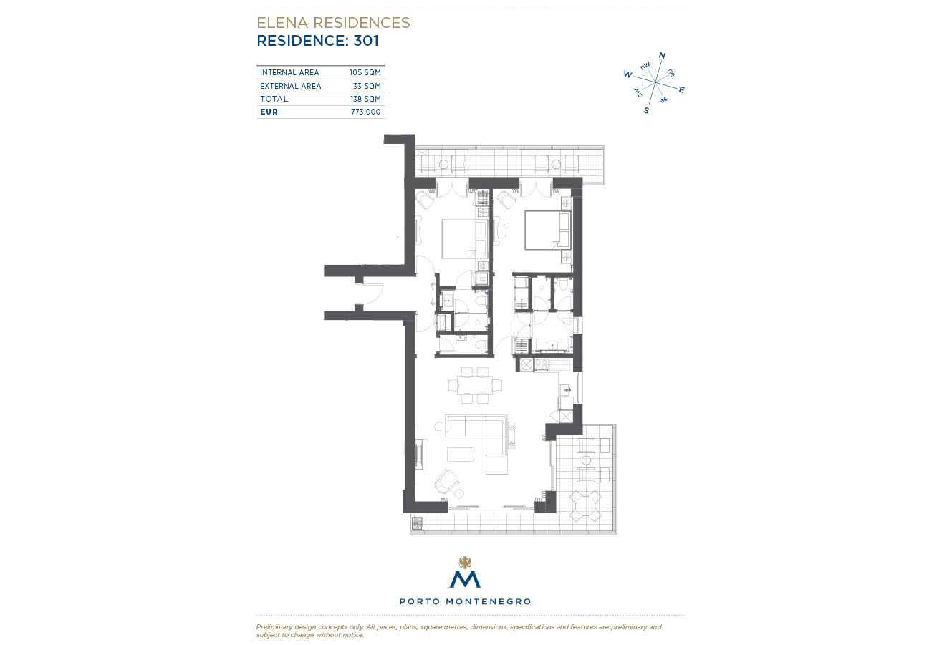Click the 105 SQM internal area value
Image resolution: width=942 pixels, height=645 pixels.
click(x=365, y=72)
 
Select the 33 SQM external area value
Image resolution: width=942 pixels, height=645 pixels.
click(x=367, y=86)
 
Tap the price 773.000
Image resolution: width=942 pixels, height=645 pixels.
click(x=365, y=112)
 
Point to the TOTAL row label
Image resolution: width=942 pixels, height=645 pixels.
click(x=274, y=99)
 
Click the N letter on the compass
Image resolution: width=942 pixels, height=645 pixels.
click(x=662, y=55)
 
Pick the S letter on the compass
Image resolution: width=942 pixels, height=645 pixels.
click(x=646, y=110)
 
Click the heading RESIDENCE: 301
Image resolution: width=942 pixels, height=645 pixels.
click(x=317, y=41)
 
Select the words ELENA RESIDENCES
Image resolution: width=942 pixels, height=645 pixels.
click(x=333, y=23)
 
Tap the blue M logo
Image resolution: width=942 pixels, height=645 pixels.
click(x=465, y=579)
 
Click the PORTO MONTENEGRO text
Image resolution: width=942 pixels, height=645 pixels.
click(x=465, y=601)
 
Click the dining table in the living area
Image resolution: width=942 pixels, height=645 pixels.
click(x=475, y=385)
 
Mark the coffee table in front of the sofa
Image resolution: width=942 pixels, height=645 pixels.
click(x=461, y=455)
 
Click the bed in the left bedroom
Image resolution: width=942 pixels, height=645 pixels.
click(x=465, y=238)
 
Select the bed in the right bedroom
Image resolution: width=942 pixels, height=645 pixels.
click(x=547, y=231)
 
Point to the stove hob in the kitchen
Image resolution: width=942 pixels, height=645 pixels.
click(x=541, y=364)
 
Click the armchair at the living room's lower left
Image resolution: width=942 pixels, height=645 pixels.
click(x=446, y=482)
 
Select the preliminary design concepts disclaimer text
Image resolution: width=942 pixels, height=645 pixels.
click(x=458, y=630)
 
